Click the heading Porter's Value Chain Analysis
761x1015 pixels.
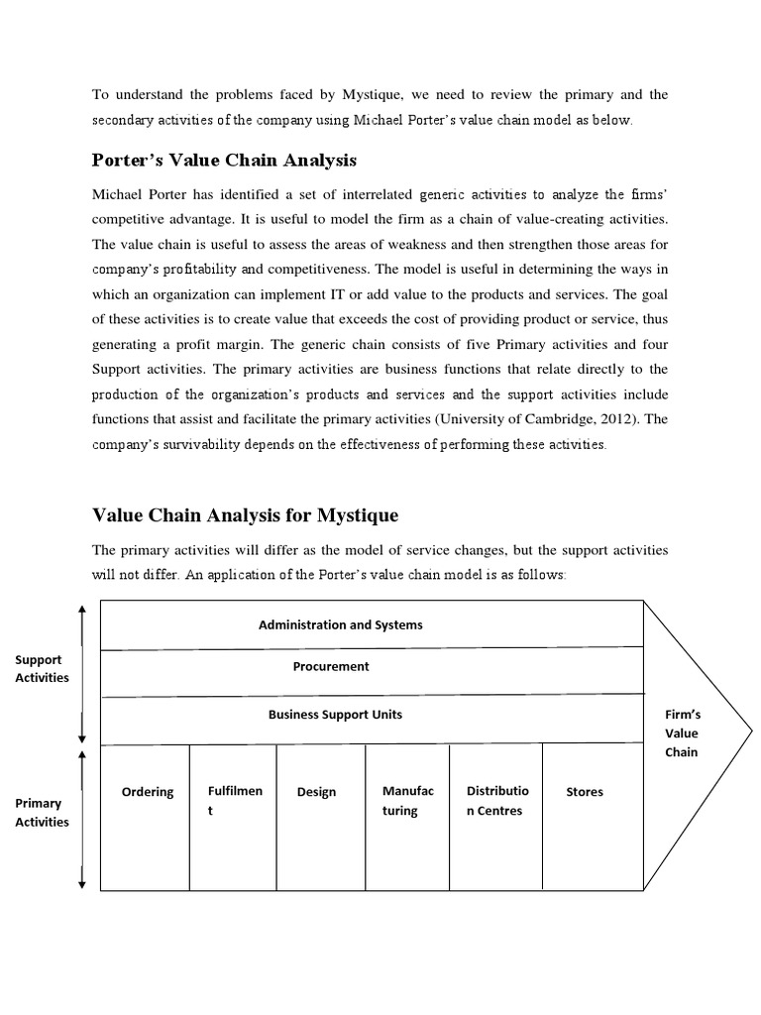pyautogui.click(x=224, y=160)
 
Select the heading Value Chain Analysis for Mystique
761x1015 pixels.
pyautogui.click(x=245, y=515)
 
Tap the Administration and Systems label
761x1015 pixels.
pyautogui.click(x=340, y=624)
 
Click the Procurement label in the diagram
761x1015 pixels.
pyautogui.click(x=331, y=666)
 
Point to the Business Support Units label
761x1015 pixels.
pyautogui.click(x=335, y=714)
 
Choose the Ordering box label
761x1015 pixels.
pyautogui.click(x=147, y=792)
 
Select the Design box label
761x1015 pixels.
pyautogui.click(x=316, y=792)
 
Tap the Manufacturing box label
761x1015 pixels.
pyautogui.click(x=401, y=801)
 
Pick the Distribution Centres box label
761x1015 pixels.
pyautogui.click(x=496, y=801)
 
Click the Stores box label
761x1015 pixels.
pyautogui.click(x=584, y=792)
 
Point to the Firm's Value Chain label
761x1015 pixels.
pyautogui.click(x=682, y=733)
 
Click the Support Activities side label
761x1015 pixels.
pyautogui.click(x=41, y=668)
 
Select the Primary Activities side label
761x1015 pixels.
pyautogui.click(x=41, y=812)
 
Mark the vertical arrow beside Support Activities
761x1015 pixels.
pyautogui.click(x=82, y=673)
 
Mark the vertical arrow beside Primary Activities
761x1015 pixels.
pyautogui.click(x=82, y=819)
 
